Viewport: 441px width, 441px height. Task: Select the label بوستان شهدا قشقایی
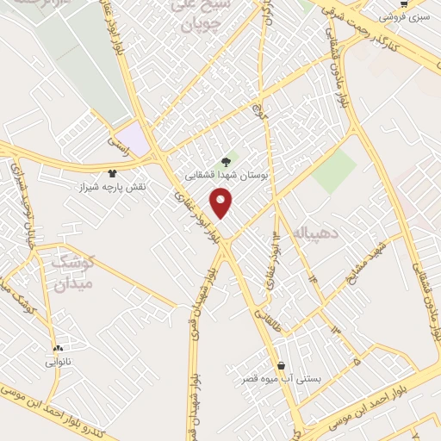pos(227,174)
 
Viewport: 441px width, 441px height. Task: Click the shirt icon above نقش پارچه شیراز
pos(112,173)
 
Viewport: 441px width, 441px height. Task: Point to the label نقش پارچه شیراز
pos(114,187)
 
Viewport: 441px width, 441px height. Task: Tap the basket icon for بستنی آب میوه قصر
pos(281,364)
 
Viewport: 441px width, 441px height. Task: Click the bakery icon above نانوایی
pos(58,349)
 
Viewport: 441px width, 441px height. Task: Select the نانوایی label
pos(59,363)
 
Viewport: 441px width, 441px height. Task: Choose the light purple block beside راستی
pos(134,138)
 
